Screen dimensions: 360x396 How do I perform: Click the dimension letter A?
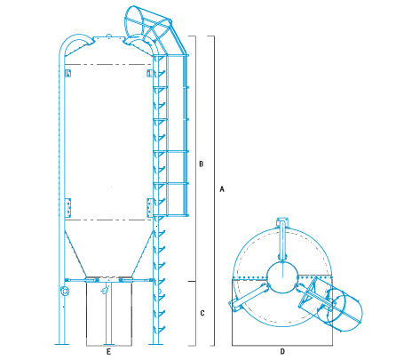(221, 190)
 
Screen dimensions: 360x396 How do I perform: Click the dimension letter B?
(202, 164)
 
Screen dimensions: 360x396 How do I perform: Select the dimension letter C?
(202, 313)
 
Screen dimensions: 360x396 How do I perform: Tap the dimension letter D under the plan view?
(282, 352)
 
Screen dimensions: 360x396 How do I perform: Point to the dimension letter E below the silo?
(108, 352)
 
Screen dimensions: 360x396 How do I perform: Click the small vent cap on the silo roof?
(108, 36)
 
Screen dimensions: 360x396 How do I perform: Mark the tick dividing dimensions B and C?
(195, 280)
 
